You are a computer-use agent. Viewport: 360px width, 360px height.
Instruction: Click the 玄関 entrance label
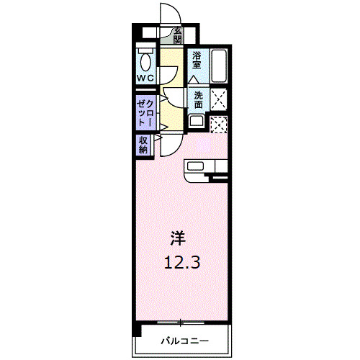pos(177,34)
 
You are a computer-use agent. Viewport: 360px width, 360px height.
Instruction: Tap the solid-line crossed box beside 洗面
pos(219,100)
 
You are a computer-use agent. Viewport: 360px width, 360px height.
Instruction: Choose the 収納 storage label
pos(143,145)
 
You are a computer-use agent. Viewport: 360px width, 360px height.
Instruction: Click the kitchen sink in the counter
pos(196,166)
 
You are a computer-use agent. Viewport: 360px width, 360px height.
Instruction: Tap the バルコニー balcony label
pos(184,339)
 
